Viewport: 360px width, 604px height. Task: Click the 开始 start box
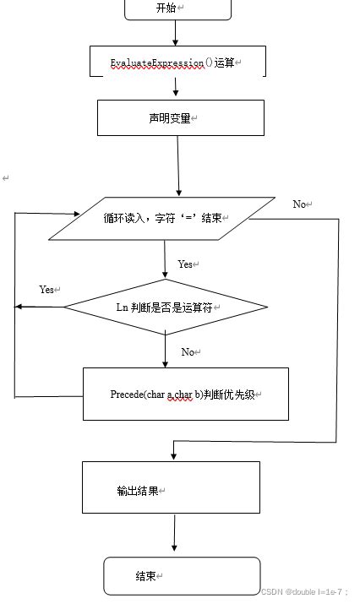point(177,8)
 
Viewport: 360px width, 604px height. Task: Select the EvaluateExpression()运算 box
point(177,63)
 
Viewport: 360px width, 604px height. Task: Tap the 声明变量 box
point(180,118)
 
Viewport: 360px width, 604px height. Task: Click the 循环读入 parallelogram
point(161,218)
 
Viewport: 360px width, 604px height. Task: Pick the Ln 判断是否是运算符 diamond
point(166,307)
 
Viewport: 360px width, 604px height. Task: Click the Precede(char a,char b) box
point(185,394)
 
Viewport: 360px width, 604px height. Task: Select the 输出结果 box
point(171,487)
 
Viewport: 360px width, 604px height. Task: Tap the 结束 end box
point(181,575)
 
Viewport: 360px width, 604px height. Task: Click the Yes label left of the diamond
point(47,290)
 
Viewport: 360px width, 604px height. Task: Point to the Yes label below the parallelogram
point(186,264)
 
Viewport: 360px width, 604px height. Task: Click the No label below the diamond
point(188,351)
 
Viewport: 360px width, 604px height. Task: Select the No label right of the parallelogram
point(301,204)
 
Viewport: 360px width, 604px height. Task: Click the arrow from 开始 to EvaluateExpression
point(176,32)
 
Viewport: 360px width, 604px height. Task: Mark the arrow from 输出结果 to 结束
point(174,534)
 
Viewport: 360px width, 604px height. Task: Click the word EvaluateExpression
point(157,63)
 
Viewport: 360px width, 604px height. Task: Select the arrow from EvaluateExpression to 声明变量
point(176,88)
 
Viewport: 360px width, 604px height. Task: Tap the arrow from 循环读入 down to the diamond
point(166,259)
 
